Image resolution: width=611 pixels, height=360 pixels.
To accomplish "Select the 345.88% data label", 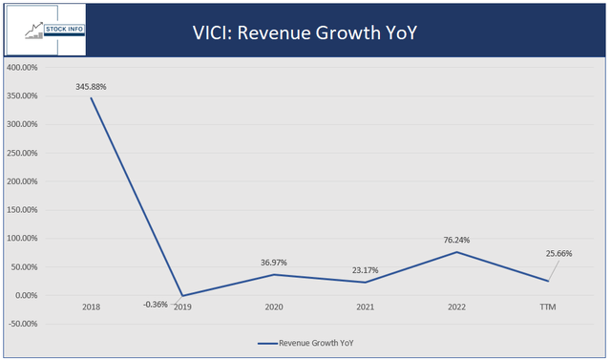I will tap(92, 86).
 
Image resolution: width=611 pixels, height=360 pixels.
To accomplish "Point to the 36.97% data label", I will tap(272, 263).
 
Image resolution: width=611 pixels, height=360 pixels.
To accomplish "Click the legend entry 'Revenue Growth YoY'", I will tap(315, 342).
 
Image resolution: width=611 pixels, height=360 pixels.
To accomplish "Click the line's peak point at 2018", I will tap(93, 97).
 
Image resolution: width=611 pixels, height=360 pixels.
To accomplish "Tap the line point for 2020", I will tap(273, 274).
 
